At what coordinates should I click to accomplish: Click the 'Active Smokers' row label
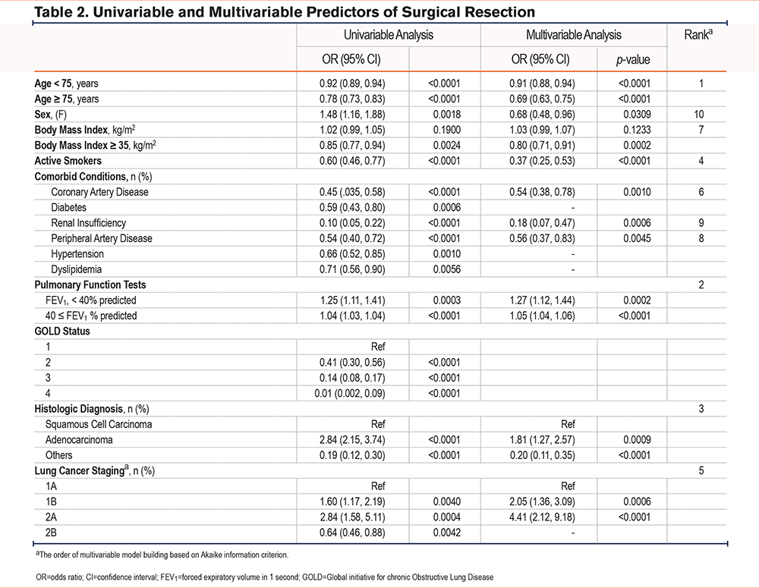[x=67, y=161]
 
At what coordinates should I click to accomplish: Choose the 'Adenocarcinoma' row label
[x=80, y=439]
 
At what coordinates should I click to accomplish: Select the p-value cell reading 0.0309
[x=631, y=115]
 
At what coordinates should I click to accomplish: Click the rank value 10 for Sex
[x=698, y=115]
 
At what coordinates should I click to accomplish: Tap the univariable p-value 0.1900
[x=444, y=130]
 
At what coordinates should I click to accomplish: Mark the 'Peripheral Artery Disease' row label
[x=102, y=238]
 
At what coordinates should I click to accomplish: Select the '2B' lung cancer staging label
[x=52, y=532]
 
